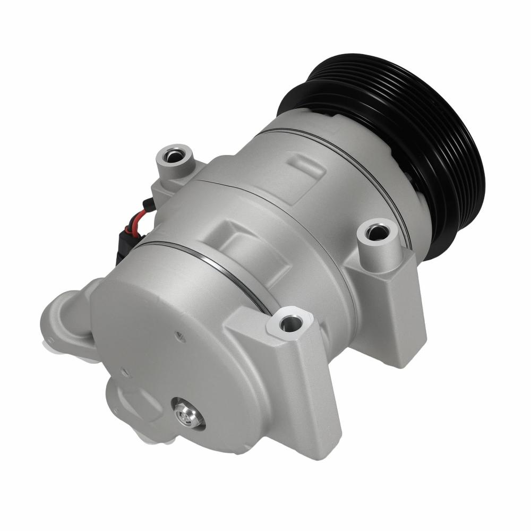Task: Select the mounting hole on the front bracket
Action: tap(288, 322)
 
